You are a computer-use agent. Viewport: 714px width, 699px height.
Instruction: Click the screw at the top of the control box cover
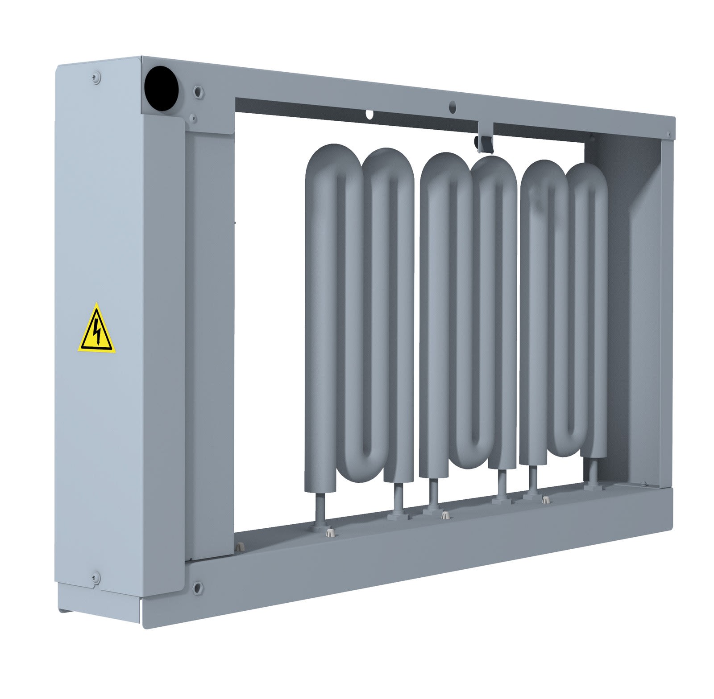[96, 78]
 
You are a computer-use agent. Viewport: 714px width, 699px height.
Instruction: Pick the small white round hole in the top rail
[369, 114]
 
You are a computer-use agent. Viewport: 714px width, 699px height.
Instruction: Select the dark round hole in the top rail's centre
[452, 106]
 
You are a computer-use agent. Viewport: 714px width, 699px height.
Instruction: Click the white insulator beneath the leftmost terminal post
[330, 531]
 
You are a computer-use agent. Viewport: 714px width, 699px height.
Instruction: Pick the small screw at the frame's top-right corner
[668, 134]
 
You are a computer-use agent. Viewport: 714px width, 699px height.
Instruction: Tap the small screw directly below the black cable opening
[193, 119]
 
